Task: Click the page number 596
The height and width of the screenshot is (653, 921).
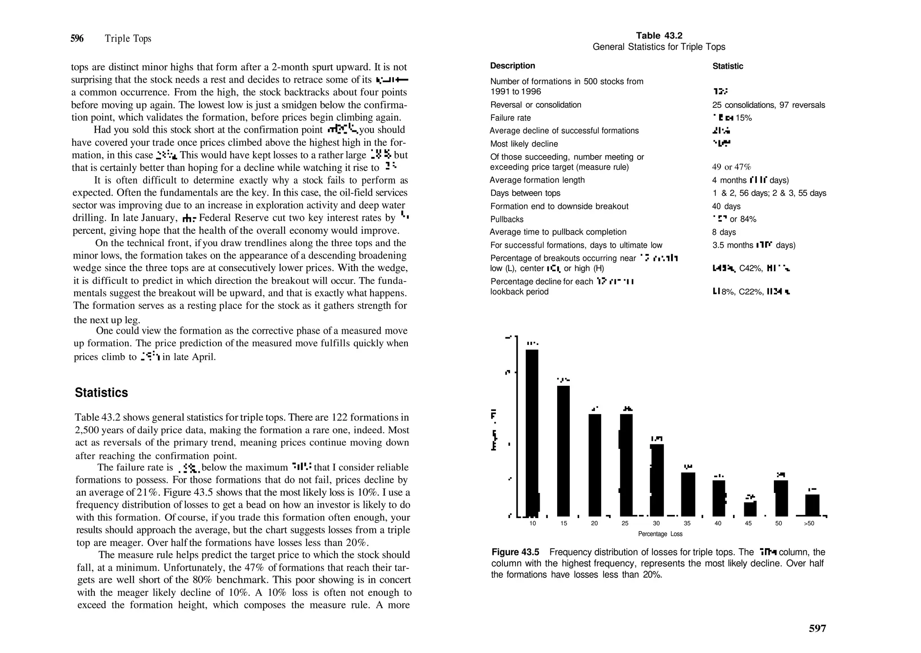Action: [x=77, y=39]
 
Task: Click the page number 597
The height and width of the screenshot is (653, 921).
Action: [x=817, y=628]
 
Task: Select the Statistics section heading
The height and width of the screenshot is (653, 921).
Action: [x=101, y=393]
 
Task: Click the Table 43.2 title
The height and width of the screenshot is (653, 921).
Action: [x=659, y=36]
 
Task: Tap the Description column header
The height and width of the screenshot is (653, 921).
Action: [x=512, y=66]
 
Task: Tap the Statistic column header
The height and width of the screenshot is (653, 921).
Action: [x=727, y=66]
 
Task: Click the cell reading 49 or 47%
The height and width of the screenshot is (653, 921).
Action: [x=731, y=167]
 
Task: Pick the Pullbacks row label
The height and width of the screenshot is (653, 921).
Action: [x=506, y=219]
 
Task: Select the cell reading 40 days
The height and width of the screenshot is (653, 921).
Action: [x=726, y=206]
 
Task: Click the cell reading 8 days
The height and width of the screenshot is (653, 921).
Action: [x=724, y=232]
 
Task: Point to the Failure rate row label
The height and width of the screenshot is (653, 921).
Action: [x=510, y=118]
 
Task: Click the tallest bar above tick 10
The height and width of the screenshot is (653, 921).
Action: [x=532, y=432]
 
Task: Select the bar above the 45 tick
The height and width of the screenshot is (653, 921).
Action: [x=750, y=509]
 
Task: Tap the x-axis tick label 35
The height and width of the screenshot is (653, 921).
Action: [x=687, y=523]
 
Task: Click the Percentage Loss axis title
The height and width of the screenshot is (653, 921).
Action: [x=660, y=534]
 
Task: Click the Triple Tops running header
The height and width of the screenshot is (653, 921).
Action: [x=128, y=39]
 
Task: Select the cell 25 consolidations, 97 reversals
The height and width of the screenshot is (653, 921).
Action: [x=768, y=105]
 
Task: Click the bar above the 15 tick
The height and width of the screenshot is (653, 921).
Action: [x=563, y=450]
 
